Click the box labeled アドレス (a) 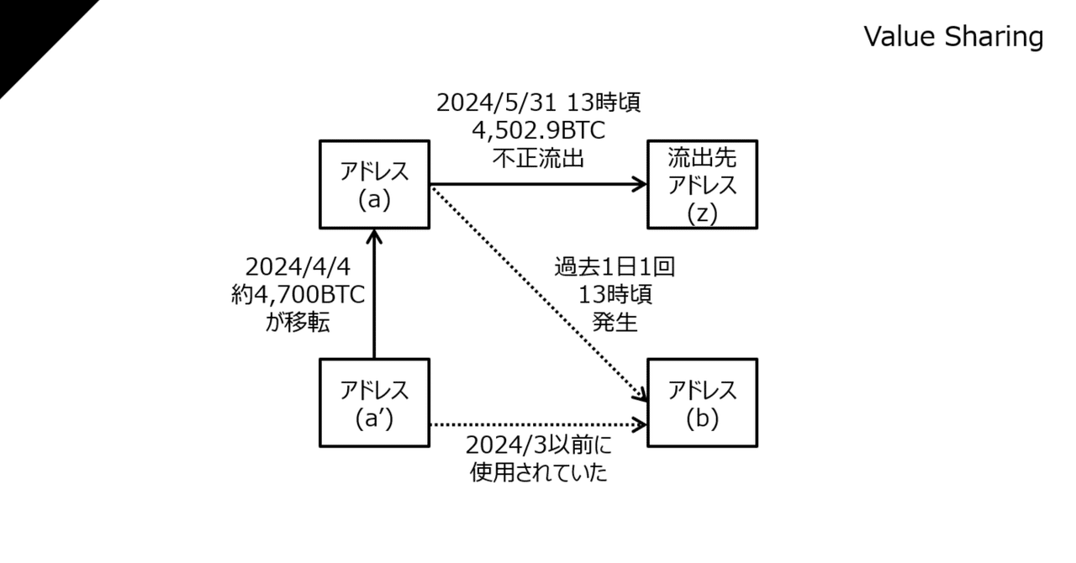click(x=375, y=185)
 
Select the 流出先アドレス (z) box click(x=702, y=185)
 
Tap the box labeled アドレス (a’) click(x=375, y=403)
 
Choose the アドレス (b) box click(x=702, y=403)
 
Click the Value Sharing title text click(x=953, y=36)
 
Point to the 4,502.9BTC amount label click(x=539, y=130)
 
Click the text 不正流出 click(x=539, y=158)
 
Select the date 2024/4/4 click(x=298, y=266)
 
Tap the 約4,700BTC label click(x=298, y=294)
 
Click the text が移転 click(x=298, y=323)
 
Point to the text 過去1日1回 click(x=614, y=266)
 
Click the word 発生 click(x=614, y=323)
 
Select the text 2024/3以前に click(x=539, y=445)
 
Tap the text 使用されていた click(x=539, y=473)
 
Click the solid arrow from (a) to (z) click(x=539, y=184)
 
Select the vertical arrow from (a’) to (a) click(x=374, y=294)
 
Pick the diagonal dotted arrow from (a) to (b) click(x=539, y=294)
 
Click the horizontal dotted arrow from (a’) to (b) click(x=539, y=424)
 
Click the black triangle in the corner click(x=33, y=33)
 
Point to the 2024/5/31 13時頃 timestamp click(x=539, y=103)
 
